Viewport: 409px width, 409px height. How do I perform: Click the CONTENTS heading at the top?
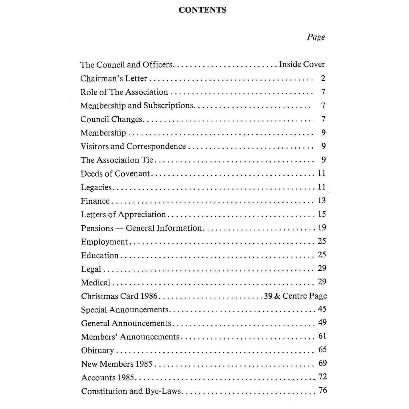[203, 10]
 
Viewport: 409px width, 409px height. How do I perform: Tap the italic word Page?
[316, 37]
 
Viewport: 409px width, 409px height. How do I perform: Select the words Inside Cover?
[302, 64]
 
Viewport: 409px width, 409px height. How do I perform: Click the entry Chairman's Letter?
[114, 78]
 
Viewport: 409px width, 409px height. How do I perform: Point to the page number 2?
[323, 78]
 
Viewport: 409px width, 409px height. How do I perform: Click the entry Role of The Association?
[124, 92]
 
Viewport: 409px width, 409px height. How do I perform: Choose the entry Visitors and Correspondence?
[133, 146]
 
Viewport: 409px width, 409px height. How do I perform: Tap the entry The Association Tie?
[117, 160]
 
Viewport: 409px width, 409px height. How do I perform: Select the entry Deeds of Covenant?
[115, 174]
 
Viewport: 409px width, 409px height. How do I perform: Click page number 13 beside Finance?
[322, 201]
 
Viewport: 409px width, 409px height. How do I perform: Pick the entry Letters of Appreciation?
[123, 214]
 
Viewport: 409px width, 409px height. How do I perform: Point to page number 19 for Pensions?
[322, 228]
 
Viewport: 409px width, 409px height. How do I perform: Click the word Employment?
[104, 242]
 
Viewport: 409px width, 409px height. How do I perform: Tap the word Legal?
[91, 269]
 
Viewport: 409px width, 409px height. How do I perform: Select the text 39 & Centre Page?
[295, 296]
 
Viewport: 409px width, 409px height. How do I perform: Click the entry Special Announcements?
[125, 310]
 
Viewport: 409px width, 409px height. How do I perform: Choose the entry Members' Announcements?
[130, 337]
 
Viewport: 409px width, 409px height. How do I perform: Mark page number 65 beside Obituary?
[322, 349]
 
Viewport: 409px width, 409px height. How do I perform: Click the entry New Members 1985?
[117, 364]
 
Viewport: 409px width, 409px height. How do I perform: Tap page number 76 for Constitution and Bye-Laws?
[322, 390]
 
